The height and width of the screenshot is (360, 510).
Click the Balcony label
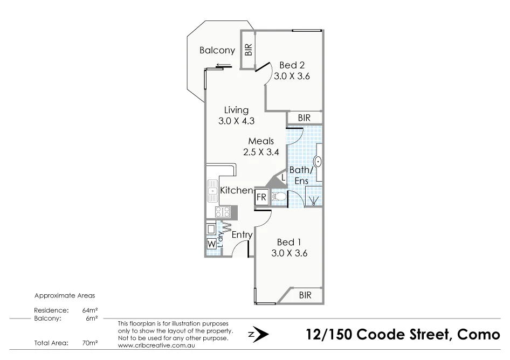[217, 51]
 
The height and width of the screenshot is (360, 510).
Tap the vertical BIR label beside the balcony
[248, 50]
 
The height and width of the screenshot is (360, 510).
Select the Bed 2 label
[292, 65]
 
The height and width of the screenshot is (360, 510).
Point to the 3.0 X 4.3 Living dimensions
[236, 121]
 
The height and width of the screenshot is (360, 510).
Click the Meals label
[261, 141]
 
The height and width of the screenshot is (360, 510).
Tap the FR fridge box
[261, 197]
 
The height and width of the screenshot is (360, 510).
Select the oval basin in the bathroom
[318, 161]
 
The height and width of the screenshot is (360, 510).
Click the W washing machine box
[211, 244]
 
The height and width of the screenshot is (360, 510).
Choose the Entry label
[242, 235]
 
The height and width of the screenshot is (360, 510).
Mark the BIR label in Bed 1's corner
[305, 295]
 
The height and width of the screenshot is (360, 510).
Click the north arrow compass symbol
[259, 335]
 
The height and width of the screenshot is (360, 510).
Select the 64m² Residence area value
[89, 310]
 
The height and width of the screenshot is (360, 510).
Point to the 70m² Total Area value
[89, 342]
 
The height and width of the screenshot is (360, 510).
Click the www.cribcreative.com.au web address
[156, 345]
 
